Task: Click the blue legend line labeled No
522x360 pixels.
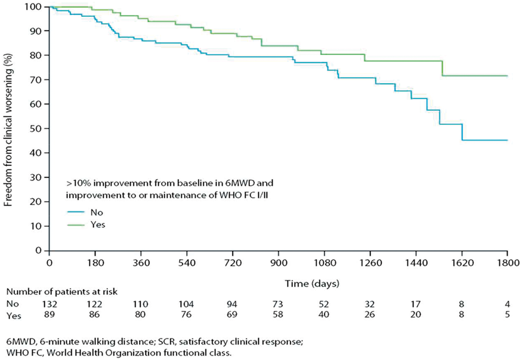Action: coord(76,212)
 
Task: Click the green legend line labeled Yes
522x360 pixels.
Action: coord(76,225)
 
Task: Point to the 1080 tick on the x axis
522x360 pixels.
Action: coord(325,253)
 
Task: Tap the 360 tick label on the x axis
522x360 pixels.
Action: coord(141,263)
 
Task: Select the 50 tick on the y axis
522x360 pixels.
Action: coord(47,128)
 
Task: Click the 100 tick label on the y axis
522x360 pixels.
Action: coord(33,7)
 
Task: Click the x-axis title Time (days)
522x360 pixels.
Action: coord(312,284)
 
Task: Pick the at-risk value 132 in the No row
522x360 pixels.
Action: coord(50,304)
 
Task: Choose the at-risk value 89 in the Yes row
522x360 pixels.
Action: coord(50,315)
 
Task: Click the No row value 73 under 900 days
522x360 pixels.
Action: coord(278,304)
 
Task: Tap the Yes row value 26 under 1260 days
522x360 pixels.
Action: coord(370,315)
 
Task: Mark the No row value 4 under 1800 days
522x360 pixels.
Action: coord(507,304)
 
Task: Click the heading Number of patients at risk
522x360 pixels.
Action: coord(62,292)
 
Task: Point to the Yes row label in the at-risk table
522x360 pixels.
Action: coord(14,315)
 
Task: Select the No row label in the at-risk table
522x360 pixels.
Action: coord(13,304)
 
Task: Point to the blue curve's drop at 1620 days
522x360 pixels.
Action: coord(462,132)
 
